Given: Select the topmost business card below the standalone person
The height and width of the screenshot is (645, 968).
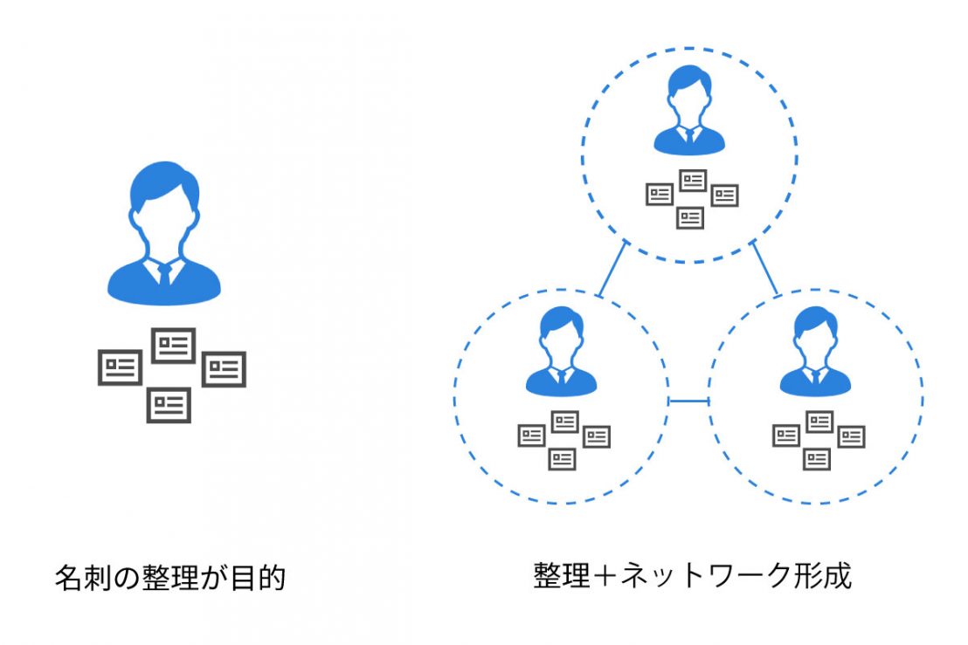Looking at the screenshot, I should click(x=173, y=346).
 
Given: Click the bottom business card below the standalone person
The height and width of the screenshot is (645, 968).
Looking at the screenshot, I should click(x=169, y=404).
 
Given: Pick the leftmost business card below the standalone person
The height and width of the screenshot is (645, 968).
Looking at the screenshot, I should click(x=120, y=367).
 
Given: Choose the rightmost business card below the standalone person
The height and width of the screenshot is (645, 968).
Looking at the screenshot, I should click(x=224, y=369).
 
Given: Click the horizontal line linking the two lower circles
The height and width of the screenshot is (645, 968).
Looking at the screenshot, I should click(x=688, y=401).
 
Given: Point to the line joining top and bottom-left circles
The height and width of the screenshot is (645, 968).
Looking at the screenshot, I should click(x=613, y=268).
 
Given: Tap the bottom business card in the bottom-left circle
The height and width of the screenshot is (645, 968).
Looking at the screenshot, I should click(x=563, y=458).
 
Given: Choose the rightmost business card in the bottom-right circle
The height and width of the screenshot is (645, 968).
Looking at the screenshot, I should click(x=850, y=436).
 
